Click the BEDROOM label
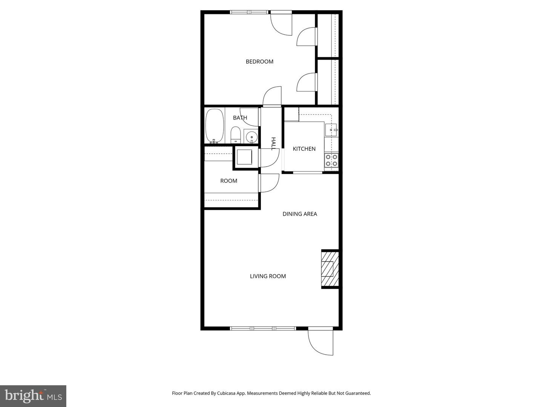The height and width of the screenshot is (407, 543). [259, 61]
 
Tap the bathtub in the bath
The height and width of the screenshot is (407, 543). [215, 126]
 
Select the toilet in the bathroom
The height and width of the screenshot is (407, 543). [236, 135]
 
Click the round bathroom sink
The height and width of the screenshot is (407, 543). [251, 136]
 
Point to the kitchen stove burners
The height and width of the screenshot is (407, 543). [331, 160]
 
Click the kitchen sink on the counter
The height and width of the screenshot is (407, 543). [331, 130]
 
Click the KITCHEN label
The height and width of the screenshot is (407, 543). [304, 149]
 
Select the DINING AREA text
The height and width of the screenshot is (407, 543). [300, 214]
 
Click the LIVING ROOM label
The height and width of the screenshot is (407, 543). [268, 276]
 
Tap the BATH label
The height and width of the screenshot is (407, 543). [240, 118]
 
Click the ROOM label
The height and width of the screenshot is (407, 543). [229, 181]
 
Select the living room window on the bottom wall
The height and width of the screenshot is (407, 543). [263, 328]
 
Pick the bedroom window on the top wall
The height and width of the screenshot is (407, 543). [249, 12]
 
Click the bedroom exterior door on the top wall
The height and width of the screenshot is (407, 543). [281, 23]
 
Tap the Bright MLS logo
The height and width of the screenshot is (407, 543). [33, 396]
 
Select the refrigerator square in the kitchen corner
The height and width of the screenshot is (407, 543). [291, 114]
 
